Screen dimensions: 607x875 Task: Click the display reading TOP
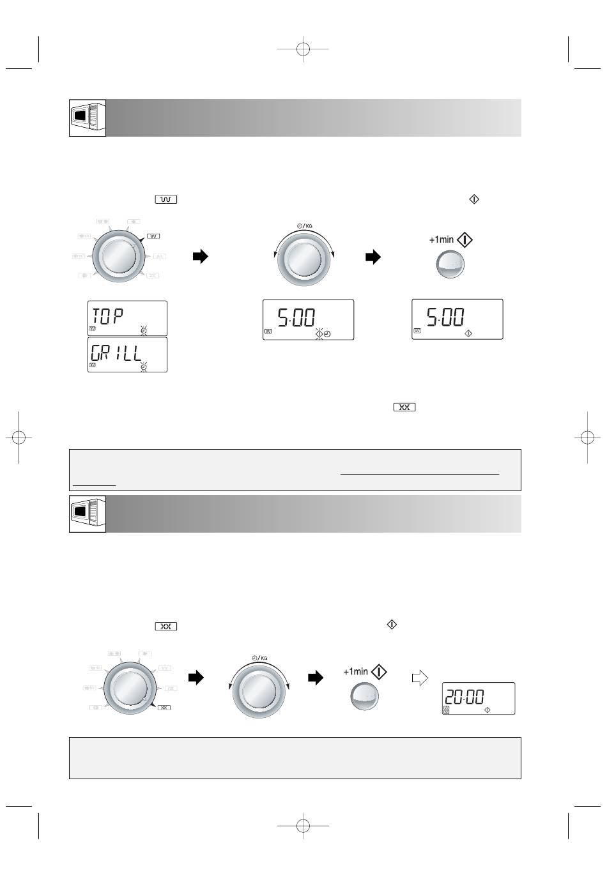point(127,318)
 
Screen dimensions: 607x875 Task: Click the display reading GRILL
point(127,354)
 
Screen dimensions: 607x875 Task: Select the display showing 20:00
point(479,699)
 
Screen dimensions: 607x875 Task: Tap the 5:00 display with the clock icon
point(309,319)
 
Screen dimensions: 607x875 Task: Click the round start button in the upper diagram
point(450,264)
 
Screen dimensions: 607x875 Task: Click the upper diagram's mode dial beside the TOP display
point(118,257)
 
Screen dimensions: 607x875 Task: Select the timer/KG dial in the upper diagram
point(303,259)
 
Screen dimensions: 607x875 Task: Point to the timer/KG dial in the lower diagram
point(259,691)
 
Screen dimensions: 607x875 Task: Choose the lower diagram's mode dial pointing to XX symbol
point(129,689)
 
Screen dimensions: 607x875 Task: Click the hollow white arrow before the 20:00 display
point(420,678)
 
